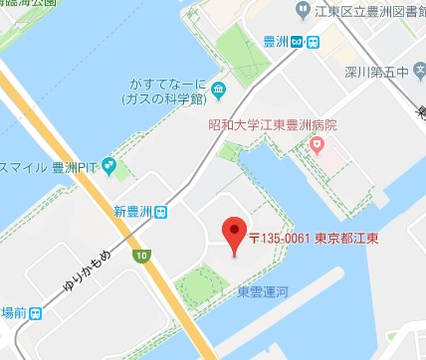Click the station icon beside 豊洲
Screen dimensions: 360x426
tap(311, 41)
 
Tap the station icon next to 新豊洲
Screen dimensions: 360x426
tap(160, 211)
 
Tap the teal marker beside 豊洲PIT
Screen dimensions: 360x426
tap(108, 165)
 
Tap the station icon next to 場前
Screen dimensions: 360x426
tap(36, 312)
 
